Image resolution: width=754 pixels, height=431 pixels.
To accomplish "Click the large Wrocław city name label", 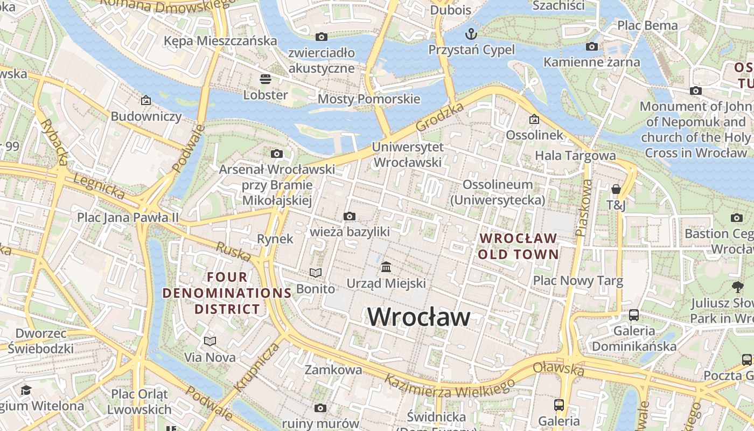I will [x=419, y=317].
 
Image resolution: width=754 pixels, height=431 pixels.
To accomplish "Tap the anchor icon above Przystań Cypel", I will [x=471, y=34].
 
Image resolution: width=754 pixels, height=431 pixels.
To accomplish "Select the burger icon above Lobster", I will [x=265, y=79].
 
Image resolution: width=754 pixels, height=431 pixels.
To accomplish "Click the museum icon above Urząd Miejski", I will [x=386, y=267].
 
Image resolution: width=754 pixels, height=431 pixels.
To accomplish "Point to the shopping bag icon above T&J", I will [x=616, y=189].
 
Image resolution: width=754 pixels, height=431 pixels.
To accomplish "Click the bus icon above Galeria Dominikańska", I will [x=634, y=315].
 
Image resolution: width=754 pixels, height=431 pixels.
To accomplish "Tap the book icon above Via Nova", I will [x=210, y=341].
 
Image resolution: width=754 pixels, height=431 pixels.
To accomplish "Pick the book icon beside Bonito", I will [x=315, y=273].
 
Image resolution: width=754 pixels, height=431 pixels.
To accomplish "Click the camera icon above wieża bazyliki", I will [x=349, y=217].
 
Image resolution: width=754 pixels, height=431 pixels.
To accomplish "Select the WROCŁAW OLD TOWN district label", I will [x=518, y=246].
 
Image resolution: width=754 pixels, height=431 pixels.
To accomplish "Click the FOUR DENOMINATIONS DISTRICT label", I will [x=227, y=293].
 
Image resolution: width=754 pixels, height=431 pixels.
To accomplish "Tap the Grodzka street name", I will [x=440, y=117].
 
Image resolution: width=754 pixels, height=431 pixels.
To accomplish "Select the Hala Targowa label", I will [x=575, y=156].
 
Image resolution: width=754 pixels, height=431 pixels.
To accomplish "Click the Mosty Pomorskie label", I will [x=369, y=99].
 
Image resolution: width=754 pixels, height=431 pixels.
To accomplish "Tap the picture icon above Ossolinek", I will [x=534, y=119].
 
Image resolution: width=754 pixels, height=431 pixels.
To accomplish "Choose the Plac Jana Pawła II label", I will [x=128, y=217].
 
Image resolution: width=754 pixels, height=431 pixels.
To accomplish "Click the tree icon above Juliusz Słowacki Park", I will [x=737, y=287].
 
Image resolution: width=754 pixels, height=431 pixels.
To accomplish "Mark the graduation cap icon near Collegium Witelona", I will [x=25, y=390].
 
